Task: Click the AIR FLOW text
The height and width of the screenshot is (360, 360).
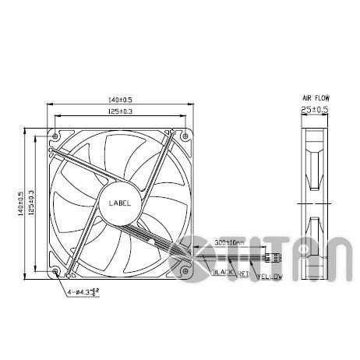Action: point(315,99)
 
